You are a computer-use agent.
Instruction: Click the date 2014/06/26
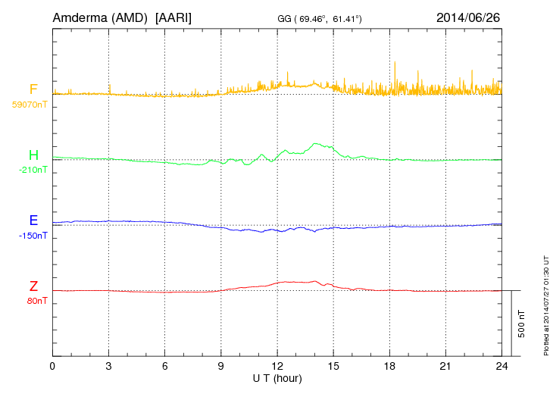coord(468,17)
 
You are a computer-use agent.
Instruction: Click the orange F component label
coord(33,90)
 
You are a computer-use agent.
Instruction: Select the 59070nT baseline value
coord(30,105)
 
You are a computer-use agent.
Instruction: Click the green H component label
coord(33,155)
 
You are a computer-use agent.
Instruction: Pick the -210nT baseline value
coord(33,170)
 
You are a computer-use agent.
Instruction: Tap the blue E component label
coord(33,220)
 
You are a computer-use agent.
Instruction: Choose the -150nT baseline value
coord(33,235)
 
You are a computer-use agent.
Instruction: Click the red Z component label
coord(33,286)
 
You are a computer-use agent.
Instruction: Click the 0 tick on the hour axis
coord(52,367)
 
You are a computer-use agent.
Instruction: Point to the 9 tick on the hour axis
coord(221,367)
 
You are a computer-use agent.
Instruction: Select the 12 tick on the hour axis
coord(277,367)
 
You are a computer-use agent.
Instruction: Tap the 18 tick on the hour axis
coord(389,367)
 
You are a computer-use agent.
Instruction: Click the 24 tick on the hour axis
coord(501,367)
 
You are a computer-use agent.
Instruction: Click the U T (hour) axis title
coord(277,378)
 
